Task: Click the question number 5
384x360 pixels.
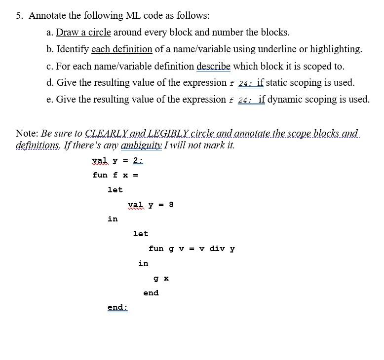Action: tap(19, 15)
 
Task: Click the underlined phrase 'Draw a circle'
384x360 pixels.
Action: tap(83, 33)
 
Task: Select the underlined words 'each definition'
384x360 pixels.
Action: tap(122, 49)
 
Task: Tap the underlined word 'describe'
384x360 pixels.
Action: tap(213, 66)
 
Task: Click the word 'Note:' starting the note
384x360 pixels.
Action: tap(27, 134)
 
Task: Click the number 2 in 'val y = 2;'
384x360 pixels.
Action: tap(135, 160)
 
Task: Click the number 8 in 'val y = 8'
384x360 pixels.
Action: tap(171, 205)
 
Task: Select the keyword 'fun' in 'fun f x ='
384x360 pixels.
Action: tap(100, 175)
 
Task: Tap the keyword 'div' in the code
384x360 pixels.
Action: tap(217, 249)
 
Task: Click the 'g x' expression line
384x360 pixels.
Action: tap(161, 278)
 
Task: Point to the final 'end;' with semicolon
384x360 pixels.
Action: tap(117, 308)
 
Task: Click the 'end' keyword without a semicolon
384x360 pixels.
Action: tap(151, 293)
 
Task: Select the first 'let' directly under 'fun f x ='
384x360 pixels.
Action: tap(115, 190)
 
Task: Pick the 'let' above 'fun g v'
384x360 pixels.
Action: tap(141, 234)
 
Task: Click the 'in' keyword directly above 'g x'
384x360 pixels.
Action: tap(143, 263)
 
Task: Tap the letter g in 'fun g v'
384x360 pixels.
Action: tap(171, 249)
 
